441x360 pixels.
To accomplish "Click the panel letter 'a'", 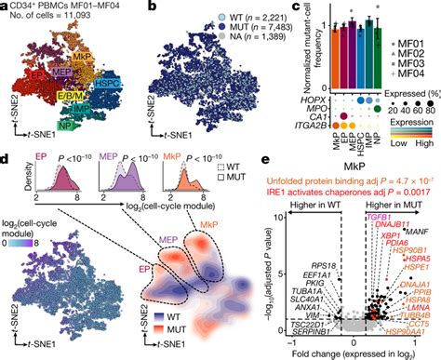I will pos(7,7).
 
